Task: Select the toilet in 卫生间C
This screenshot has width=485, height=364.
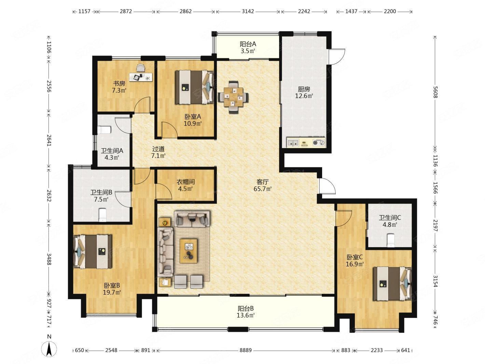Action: (x=391, y=240)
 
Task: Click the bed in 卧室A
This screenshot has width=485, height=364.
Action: (x=194, y=87)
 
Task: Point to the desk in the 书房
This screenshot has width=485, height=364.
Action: (x=141, y=77)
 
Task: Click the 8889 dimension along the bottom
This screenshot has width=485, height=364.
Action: (x=246, y=350)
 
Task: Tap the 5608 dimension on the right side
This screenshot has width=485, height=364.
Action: (x=435, y=92)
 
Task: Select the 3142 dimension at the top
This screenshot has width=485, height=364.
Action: (x=248, y=11)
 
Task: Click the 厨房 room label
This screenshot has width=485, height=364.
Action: (x=304, y=89)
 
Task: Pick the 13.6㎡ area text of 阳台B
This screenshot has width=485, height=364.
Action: (x=246, y=315)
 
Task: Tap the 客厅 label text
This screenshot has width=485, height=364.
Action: (x=263, y=182)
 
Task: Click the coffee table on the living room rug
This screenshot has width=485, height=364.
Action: (x=189, y=251)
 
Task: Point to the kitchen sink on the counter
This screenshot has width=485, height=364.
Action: (x=293, y=143)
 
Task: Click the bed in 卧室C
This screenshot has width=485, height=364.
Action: (x=392, y=284)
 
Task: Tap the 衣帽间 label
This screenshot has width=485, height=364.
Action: (x=185, y=182)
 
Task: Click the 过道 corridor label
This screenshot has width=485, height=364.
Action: (x=158, y=149)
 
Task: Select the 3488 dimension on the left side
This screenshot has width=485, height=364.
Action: (x=49, y=259)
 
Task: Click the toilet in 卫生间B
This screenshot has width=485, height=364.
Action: (x=103, y=215)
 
